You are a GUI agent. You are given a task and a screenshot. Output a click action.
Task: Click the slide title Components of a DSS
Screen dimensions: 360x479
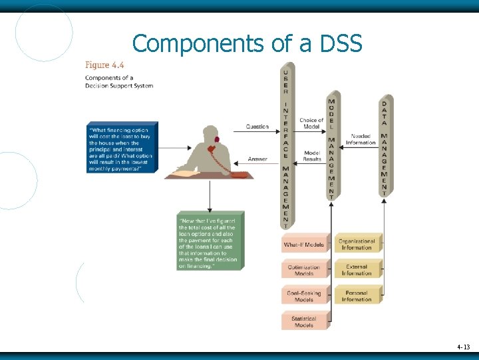(x=247, y=43)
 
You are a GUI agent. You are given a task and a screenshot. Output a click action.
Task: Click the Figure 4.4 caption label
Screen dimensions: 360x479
(x=104, y=65)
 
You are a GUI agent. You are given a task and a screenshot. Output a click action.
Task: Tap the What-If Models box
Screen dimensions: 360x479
(x=305, y=245)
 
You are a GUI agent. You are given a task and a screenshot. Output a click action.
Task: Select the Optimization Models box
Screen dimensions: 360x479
(x=305, y=270)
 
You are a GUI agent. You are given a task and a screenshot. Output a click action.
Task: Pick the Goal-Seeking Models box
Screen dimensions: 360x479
(x=305, y=295)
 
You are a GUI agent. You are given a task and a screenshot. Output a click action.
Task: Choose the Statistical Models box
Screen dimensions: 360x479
(x=305, y=321)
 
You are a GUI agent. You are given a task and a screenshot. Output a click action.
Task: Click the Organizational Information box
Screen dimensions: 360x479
(x=357, y=244)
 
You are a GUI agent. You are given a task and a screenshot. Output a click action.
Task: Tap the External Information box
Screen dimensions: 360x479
(x=357, y=270)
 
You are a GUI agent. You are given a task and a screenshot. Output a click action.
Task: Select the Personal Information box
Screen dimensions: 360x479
(x=357, y=295)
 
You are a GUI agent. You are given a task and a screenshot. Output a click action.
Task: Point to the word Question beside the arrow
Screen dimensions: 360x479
(x=257, y=127)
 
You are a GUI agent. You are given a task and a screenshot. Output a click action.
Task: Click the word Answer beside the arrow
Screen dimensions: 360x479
(x=257, y=159)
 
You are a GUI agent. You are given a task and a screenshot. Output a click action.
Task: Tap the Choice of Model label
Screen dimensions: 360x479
(x=311, y=123)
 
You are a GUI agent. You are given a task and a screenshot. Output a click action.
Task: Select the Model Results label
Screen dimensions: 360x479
(x=311, y=156)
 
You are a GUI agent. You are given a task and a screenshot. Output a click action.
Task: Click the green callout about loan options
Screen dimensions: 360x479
(x=210, y=241)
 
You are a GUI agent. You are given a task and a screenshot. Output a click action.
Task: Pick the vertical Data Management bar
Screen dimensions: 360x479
(x=384, y=147)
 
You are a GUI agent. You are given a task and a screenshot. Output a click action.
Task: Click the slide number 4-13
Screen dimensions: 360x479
(x=463, y=347)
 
